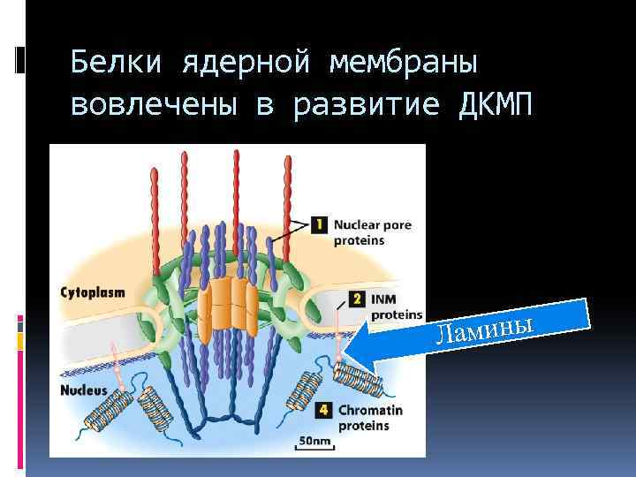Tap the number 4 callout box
coord(324,411)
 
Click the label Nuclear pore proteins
coord(372,232)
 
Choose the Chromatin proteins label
coord(370,418)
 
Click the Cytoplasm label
coord(92,292)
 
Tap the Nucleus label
coord(84,390)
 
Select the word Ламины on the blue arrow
coord(487,328)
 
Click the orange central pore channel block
coord(227,307)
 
